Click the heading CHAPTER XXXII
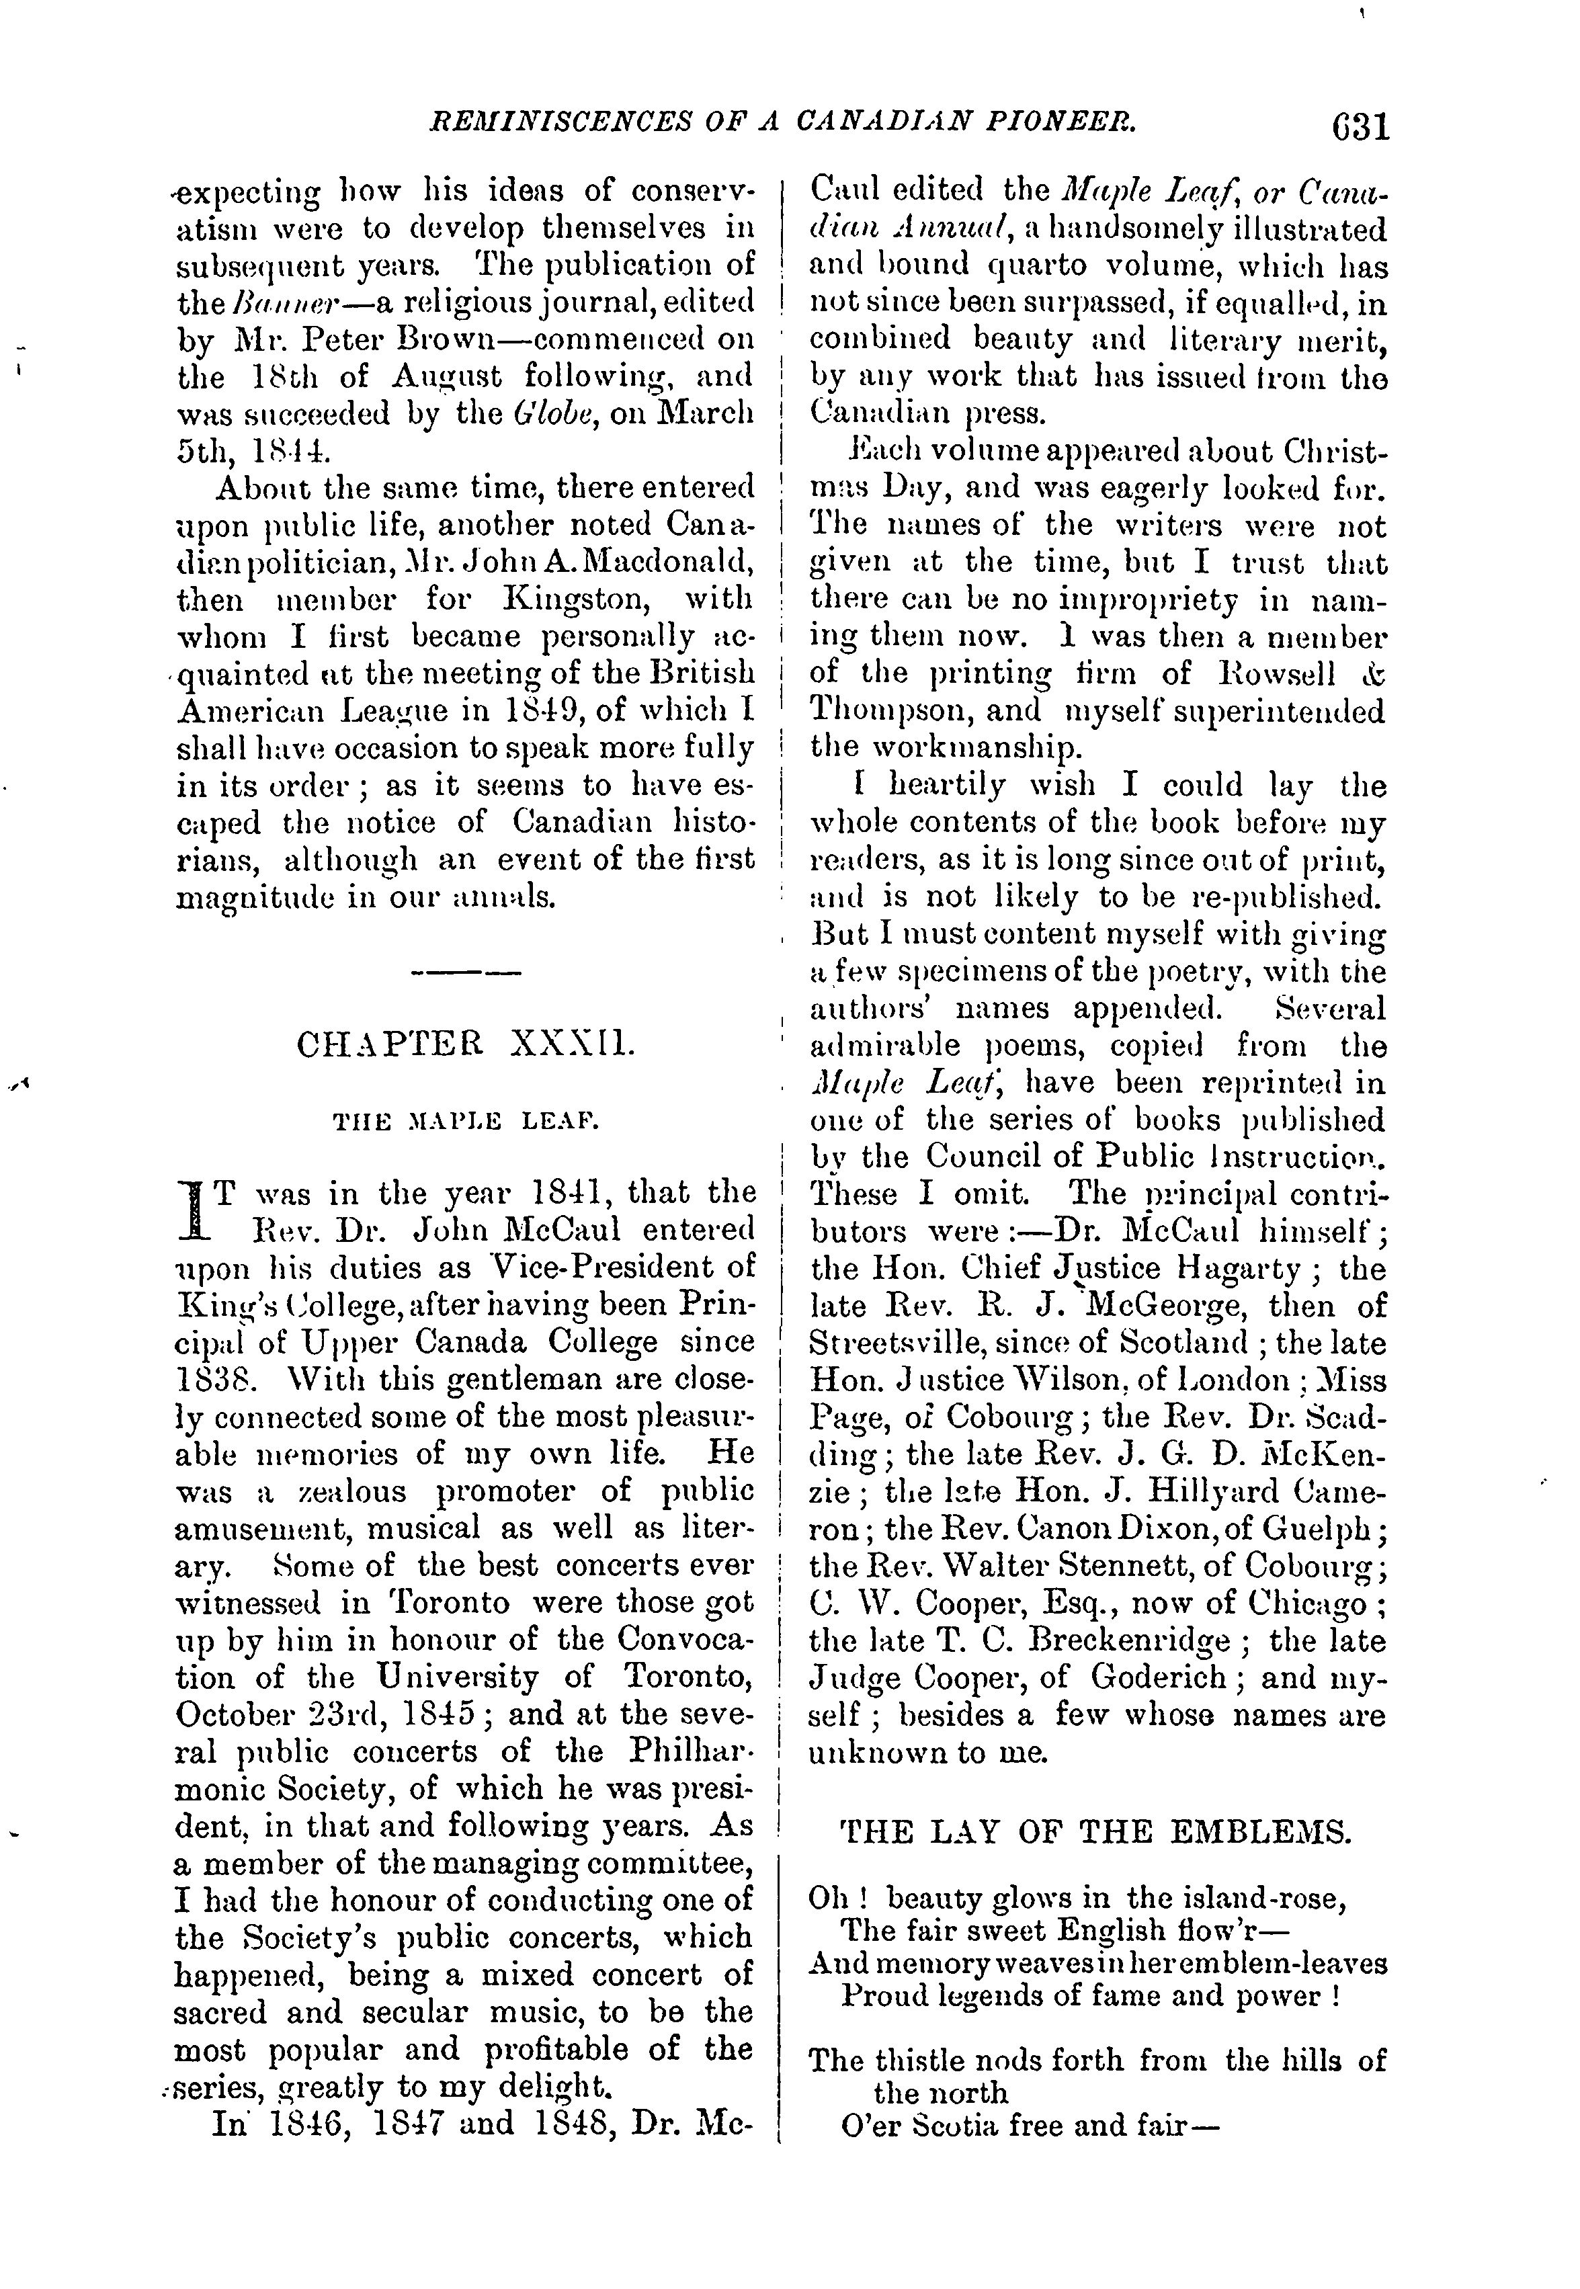tap(465, 1046)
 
